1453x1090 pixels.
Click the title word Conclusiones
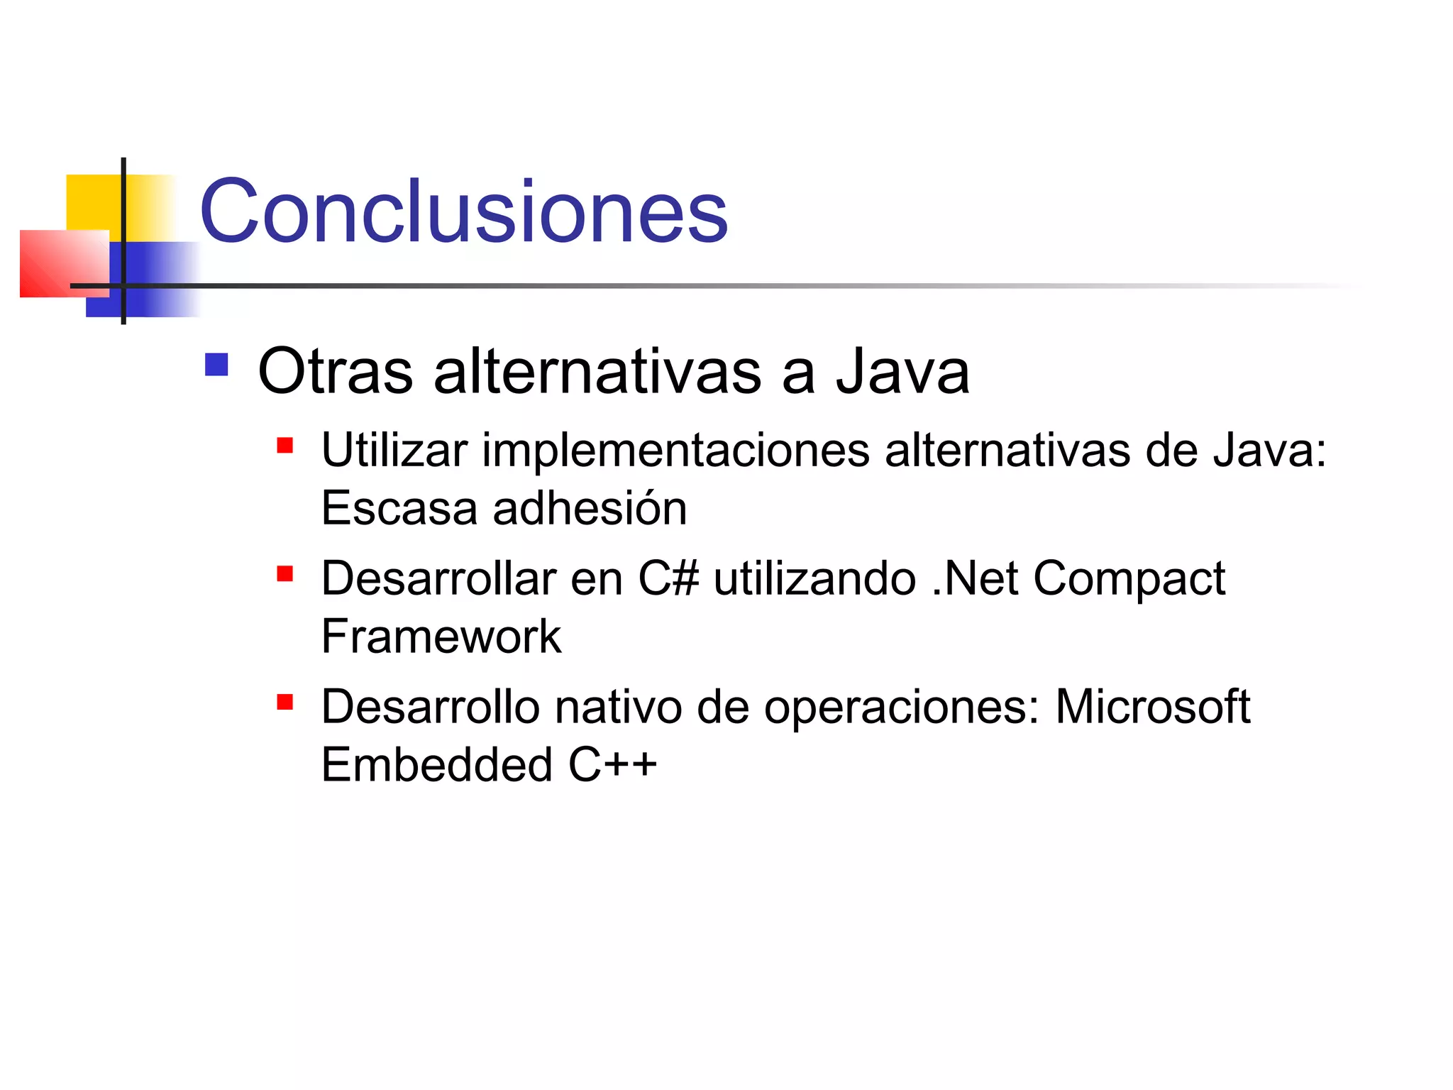463,211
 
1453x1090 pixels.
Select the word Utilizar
394,450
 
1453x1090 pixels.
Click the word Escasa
399,508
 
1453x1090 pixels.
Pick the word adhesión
590,508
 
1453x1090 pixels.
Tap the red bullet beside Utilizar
285,446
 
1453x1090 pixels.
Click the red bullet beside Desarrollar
285,573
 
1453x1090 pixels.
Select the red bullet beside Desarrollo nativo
285,702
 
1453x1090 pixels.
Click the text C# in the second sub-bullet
668,578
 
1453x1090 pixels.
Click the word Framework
441,637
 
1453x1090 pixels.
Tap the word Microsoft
1152,707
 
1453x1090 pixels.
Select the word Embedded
436,764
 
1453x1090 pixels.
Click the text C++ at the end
612,764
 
